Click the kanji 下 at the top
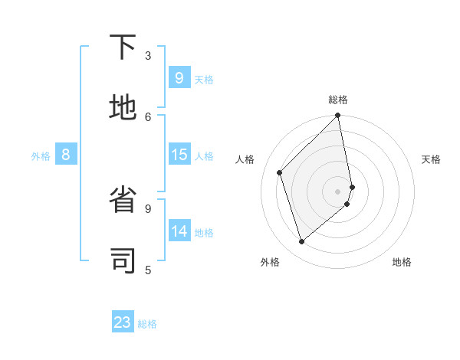[x=123, y=47]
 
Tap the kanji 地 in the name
[x=123, y=109]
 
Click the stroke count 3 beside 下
[x=148, y=55]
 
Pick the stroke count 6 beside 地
[x=148, y=116]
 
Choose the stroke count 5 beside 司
[x=148, y=270]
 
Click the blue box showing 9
[x=179, y=77]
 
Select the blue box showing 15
[x=179, y=155]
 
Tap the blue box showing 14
[x=179, y=231]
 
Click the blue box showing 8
[x=66, y=155]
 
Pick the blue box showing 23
[x=123, y=322]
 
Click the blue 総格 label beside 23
[x=147, y=324]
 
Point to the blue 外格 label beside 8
[x=41, y=156]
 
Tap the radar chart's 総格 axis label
[x=338, y=100]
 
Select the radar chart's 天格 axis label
[x=431, y=159]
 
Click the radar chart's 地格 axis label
[x=402, y=262]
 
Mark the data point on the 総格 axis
[x=338, y=116]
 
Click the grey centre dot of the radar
[x=338, y=191]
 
